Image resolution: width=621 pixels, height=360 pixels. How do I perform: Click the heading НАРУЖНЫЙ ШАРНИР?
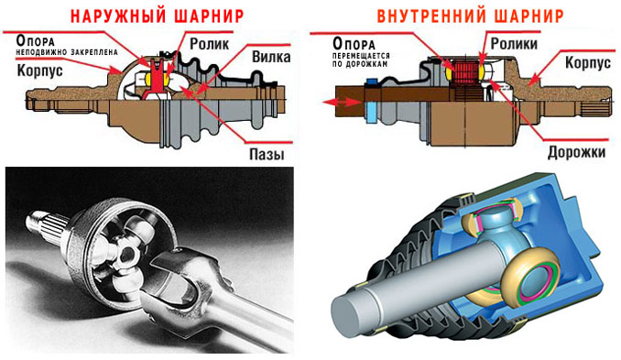coord(157,16)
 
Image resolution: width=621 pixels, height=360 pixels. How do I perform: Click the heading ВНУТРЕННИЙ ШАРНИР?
coord(470,16)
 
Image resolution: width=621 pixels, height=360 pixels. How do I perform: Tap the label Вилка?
coord(271,57)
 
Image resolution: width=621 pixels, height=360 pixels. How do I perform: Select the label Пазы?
coord(267,154)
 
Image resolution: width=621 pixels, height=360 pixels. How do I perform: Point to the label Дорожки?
coord(576,152)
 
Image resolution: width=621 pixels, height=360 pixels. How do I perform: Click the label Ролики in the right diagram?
coord(514,43)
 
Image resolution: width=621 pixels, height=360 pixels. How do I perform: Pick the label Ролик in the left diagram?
coord(209,44)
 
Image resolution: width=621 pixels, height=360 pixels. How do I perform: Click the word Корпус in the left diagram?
coord(39,71)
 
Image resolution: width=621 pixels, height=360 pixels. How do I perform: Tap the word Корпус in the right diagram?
coord(588,62)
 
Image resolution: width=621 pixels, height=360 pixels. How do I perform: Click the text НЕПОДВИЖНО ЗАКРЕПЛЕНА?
coord(67,52)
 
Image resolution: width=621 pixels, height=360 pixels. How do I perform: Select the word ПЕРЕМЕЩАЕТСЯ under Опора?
coord(361,56)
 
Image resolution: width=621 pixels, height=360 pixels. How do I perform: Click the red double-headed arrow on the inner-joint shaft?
coord(342,102)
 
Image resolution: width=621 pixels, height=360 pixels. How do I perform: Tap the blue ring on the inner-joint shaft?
coord(371,103)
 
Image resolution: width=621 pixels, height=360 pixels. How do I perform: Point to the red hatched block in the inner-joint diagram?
coord(465,73)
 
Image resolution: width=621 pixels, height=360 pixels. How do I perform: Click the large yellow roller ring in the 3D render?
coord(529,278)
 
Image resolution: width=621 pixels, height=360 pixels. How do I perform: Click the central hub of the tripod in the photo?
coord(127,255)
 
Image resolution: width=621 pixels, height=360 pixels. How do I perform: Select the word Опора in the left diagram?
coord(35,40)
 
